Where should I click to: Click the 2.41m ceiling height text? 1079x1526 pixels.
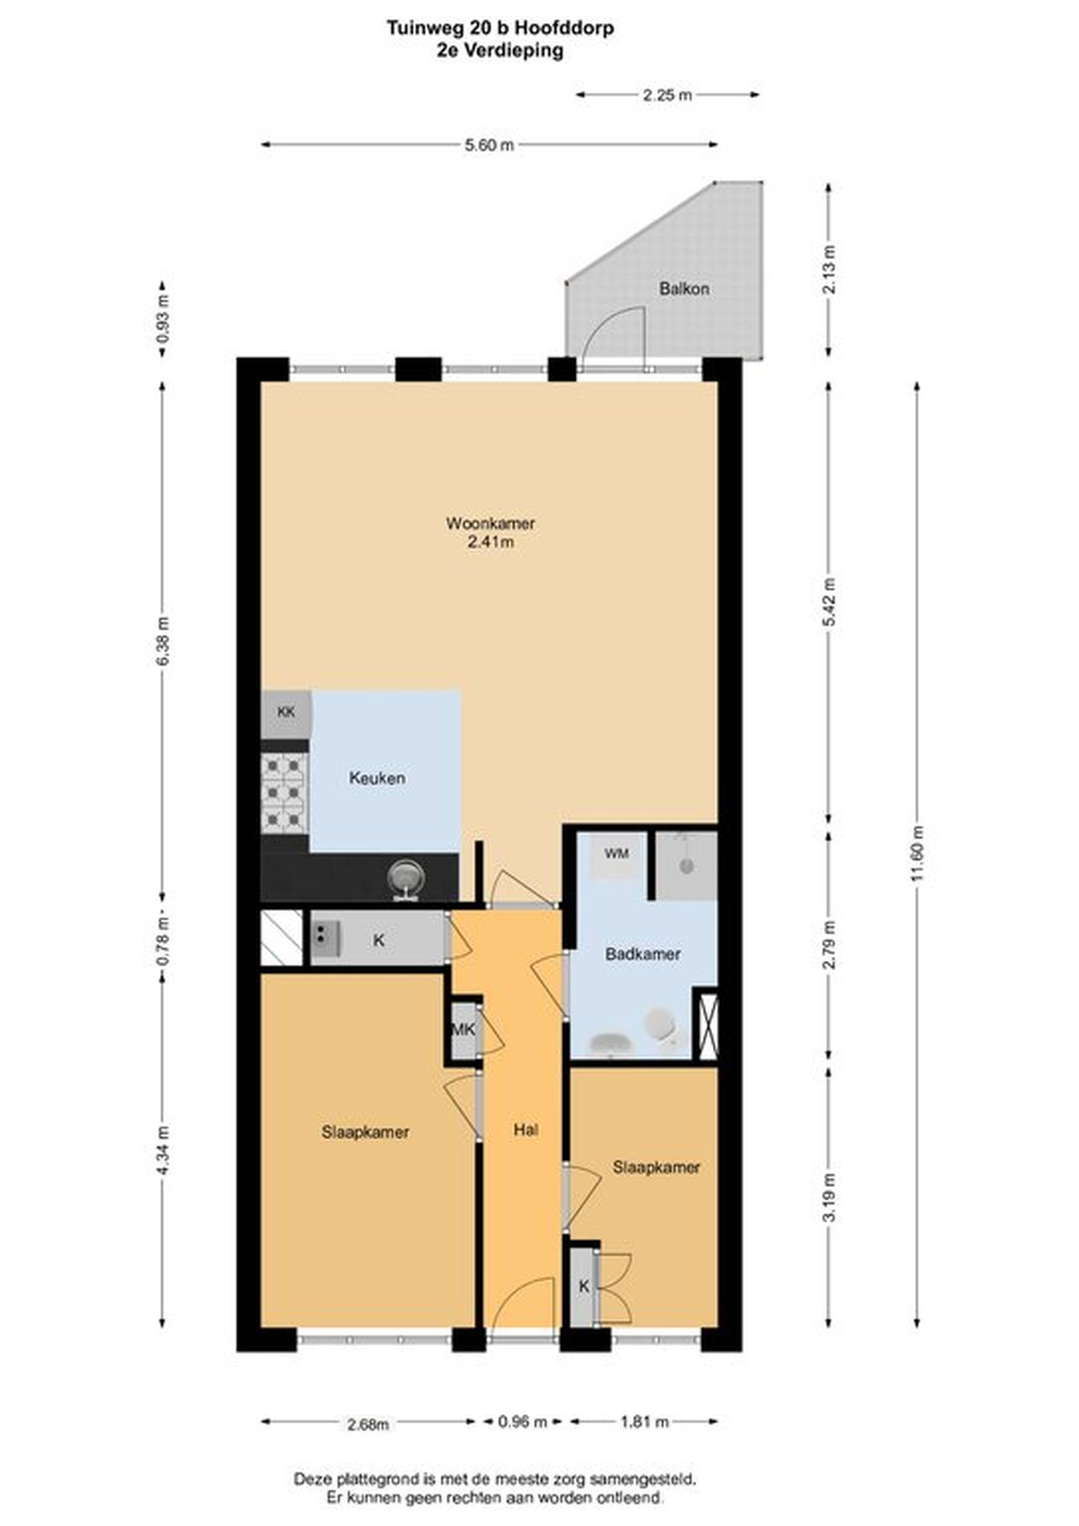(491, 542)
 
